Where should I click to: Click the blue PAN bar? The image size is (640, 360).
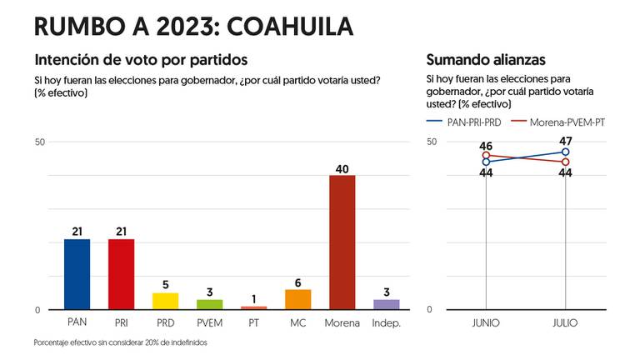[x=77, y=274]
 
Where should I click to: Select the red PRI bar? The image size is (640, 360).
[x=121, y=274]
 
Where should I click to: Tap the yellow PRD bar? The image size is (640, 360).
[x=165, y=301]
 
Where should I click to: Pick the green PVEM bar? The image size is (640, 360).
[x=209, y=304]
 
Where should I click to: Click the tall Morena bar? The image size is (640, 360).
[x=342, y=242]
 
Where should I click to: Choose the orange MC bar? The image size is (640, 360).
[x=297, y=299]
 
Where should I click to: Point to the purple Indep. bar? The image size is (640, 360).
[x=386, y=304]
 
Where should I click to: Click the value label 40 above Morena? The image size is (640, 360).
[x=342, y=167]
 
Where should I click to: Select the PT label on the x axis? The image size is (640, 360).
[x=253, y=322]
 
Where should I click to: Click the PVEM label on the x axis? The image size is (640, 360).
[x=209, y=322]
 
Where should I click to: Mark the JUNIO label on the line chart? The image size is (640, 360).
[x=486, y=322]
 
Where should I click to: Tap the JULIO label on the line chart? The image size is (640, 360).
[x=566, y=322]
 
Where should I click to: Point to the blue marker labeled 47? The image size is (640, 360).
[x=566, y=152]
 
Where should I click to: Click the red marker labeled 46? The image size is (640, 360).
[x=486, y=155]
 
